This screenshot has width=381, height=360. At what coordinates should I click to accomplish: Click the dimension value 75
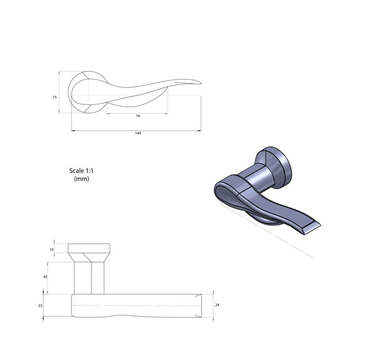[55, 97]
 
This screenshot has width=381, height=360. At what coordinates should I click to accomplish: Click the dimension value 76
[138, 116]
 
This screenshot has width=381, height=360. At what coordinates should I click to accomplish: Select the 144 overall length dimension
[138, 133]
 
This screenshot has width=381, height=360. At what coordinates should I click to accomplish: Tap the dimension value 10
[52, 249]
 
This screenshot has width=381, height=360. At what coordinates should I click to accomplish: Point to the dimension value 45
[45, 277]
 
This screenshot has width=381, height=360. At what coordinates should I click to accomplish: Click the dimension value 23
[40, 306]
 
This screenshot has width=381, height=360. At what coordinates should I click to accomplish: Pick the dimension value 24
[217, 304]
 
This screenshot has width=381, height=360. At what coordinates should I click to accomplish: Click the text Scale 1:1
[81, 171]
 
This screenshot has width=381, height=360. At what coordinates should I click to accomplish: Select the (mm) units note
[81, 179]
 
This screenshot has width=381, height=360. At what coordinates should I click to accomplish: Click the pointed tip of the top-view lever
[201, 83]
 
